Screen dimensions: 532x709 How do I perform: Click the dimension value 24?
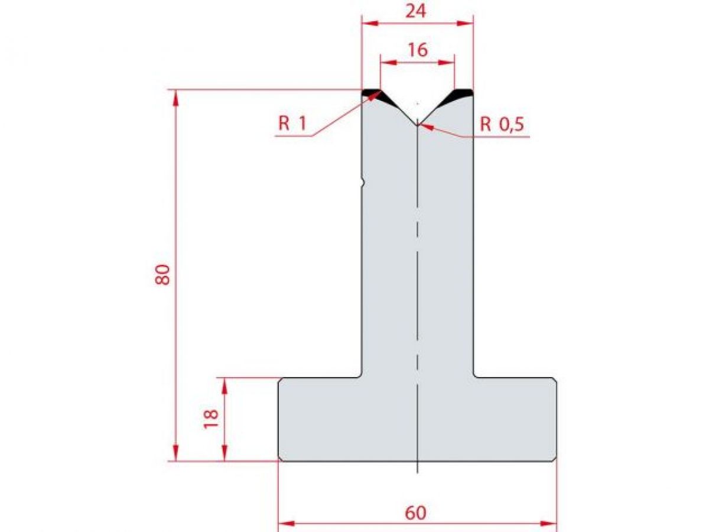tap(417, 11)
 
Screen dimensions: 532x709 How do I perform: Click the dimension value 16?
tap(417, 50)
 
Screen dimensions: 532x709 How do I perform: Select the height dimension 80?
tap(163, 274)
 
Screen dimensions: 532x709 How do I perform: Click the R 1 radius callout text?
tap(292, 124)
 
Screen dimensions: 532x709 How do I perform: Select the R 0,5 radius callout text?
tap(502, 124)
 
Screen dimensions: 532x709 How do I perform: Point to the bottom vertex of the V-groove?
tap(417, 124)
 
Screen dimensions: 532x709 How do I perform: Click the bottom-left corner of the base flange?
tap(280, 459)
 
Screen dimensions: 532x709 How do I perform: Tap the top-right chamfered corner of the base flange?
tap(554, 379)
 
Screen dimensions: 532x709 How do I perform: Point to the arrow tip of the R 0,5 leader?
tap(419, 124)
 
